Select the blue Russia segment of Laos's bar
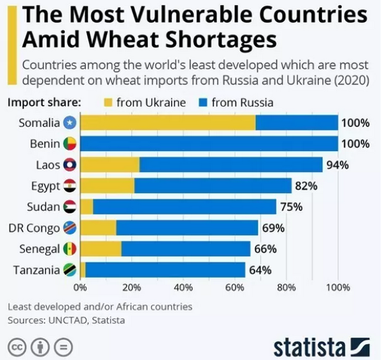230,165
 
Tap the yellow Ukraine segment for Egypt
107,186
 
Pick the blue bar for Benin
209,143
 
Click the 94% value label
337,165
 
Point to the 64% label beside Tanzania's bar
260,270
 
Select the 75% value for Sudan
291,207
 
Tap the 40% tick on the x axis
183,287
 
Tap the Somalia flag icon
71,122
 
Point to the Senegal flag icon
71,249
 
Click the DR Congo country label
34,228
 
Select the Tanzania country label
36,270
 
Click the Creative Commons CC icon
17,347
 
